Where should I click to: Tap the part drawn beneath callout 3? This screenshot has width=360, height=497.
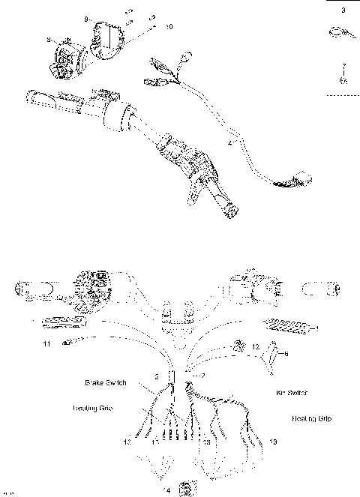337,32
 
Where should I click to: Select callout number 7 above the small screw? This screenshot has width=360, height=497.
343,66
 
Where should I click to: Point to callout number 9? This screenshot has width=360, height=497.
86,18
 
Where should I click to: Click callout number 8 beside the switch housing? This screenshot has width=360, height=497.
48,39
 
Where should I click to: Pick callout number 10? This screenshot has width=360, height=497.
169,27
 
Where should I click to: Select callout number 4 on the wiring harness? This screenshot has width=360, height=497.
229,140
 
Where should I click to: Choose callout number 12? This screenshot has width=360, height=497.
256,347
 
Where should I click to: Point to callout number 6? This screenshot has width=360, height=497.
286,353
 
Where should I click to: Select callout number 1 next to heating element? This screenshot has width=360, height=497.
318,328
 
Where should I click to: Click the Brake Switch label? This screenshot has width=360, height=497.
106,382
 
